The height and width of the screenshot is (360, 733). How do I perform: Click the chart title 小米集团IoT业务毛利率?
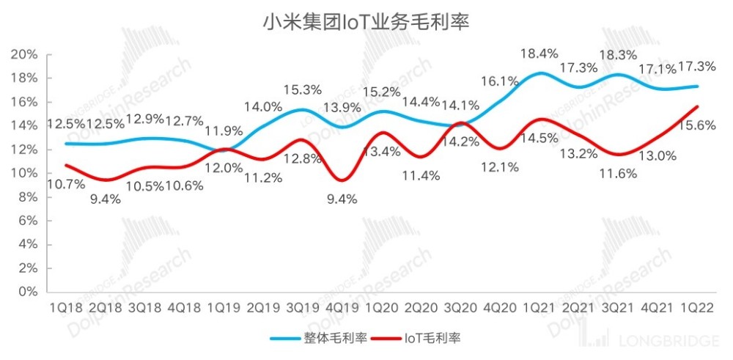[x=366, y=23]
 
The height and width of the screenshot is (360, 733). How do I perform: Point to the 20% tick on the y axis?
[x=26, y=55]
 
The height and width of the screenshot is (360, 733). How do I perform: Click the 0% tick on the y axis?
[x=30, y=292]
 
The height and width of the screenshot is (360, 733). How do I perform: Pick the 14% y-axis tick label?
[x=26, y=126]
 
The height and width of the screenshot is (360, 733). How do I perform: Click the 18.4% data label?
[x=539, y=53]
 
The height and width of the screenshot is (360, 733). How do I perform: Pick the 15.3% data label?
[x=302, y=90]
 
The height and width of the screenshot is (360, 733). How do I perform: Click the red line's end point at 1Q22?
[x=697, y=107]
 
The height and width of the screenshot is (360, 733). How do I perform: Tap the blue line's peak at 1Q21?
[x=540, y=73]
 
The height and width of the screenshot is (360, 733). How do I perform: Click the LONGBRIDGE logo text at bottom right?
[x=658, y=341]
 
